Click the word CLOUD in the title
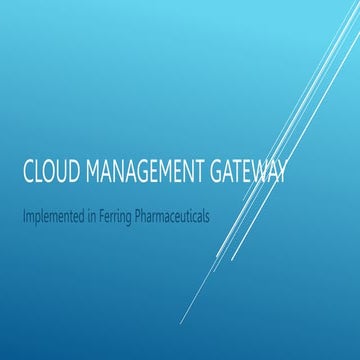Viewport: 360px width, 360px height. point(49,172)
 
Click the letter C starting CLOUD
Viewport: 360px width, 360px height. point(28,172)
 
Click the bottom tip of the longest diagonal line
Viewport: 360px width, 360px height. point(181,323)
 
